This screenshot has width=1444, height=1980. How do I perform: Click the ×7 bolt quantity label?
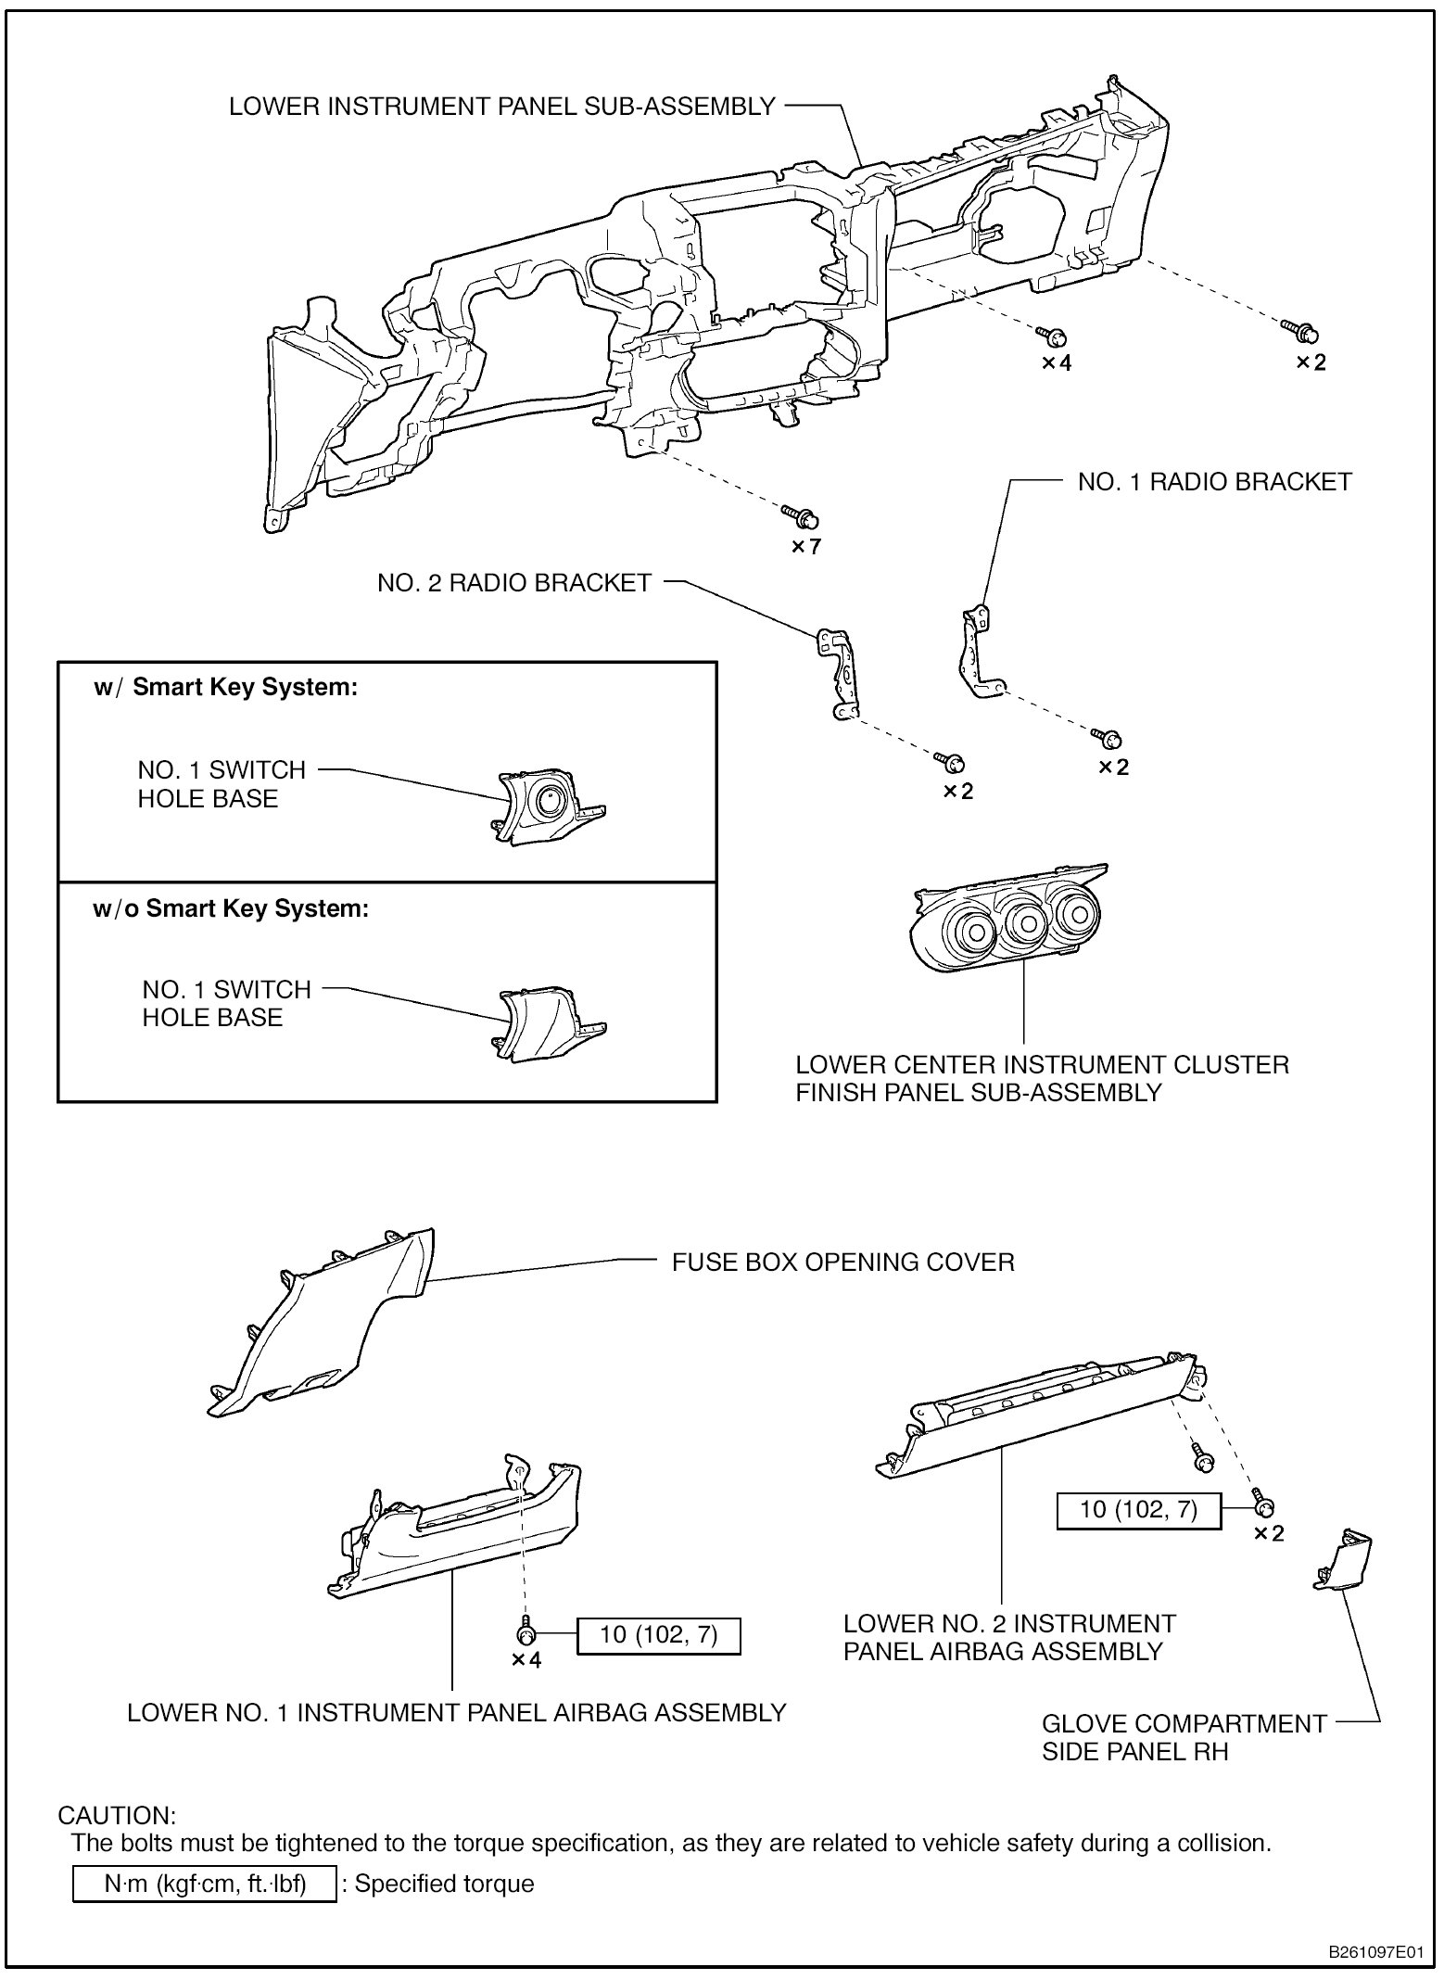click(805, 547)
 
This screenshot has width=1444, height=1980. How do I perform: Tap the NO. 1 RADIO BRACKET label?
click(1214, 482)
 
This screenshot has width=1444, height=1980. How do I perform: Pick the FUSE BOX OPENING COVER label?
click(842, 1263)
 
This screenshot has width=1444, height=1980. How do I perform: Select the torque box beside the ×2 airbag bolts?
click(1139, 1510)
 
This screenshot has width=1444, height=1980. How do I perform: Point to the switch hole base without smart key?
click(546, 1024)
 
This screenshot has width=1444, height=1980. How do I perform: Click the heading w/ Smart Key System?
click(225, 688)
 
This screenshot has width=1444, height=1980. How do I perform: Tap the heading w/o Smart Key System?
click(231, 907)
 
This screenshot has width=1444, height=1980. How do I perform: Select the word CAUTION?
click(117, 1815)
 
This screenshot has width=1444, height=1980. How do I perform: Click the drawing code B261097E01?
click(1376, 1951)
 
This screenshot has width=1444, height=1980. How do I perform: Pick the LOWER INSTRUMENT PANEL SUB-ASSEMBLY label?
click(501, 107)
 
